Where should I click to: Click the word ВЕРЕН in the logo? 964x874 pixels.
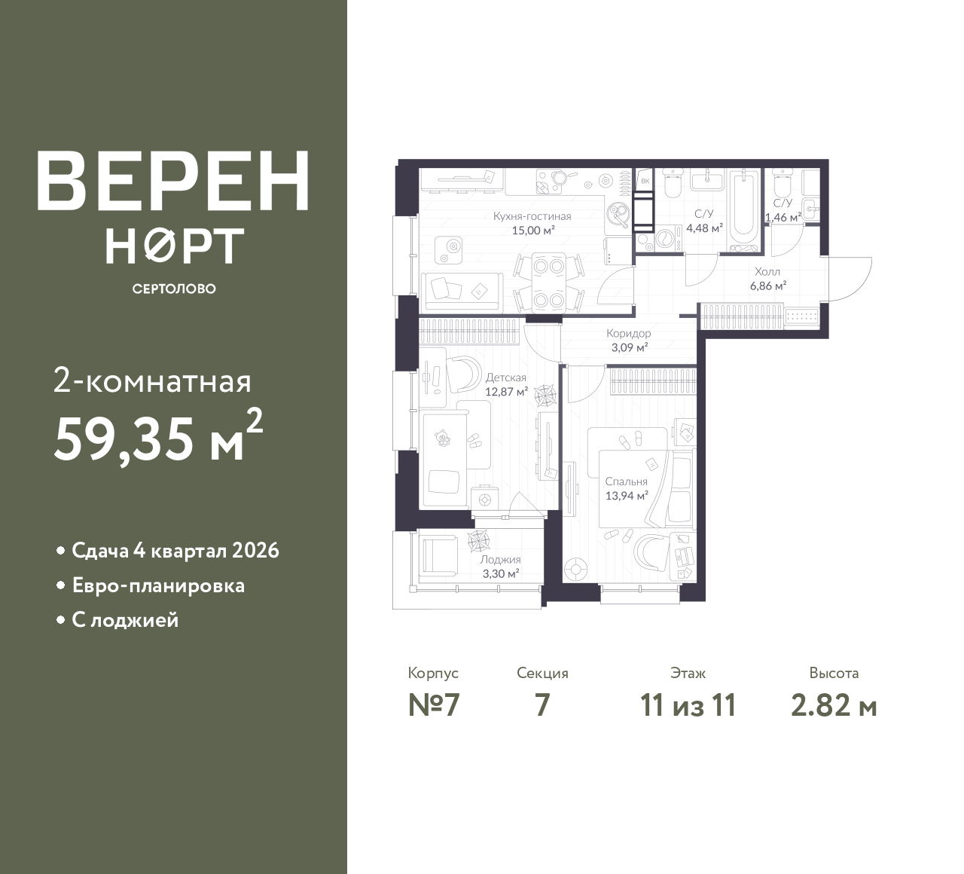click(173, 181)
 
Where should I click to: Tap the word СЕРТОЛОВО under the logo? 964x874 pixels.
click(174, 289)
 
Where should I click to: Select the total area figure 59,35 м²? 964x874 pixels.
click(159, 435)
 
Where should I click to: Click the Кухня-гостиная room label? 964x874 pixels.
click(532, 216)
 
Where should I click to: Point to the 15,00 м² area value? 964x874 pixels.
click(533, 231)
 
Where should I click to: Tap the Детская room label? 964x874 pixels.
click(505, 377)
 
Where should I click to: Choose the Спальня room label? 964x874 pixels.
click(626, 481)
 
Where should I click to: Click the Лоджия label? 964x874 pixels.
click(500, 560)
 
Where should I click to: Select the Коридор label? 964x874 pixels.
click(629, 333)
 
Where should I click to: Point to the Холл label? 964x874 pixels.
click(767, 272)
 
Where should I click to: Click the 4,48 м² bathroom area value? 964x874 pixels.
click(704, 228)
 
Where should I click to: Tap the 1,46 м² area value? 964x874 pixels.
click(782, 217)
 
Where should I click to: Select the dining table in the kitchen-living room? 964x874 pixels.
click(549, 283)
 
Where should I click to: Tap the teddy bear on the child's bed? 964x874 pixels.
click(441, 438)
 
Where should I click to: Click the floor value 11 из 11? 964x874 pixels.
click(688, 706)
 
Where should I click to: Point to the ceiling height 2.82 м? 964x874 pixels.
click(834, 706)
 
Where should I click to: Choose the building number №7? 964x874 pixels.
click(434, 706)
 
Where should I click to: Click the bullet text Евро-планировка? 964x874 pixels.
click(158, 586)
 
